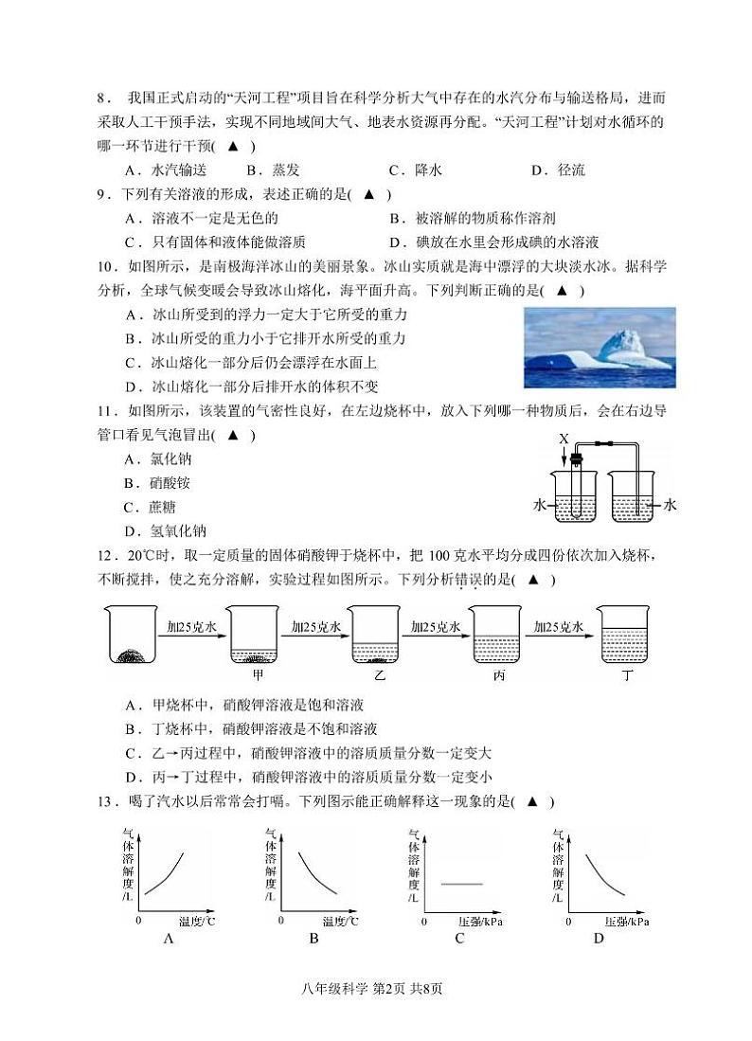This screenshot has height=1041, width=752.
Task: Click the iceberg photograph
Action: [x=600, y=348]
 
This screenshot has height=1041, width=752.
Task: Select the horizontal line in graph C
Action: [x=462, y=883]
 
